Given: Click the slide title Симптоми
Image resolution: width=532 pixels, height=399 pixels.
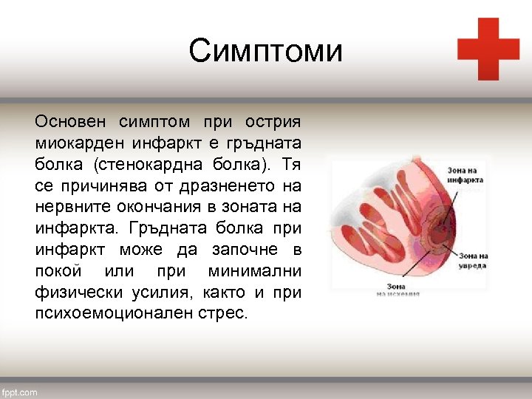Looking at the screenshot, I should [265, 52].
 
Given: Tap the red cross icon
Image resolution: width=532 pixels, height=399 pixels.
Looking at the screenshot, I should [488, 49].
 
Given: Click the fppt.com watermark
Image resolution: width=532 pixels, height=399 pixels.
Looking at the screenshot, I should [19, 392].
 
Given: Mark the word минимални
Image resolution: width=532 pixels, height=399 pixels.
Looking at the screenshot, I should [255, 270].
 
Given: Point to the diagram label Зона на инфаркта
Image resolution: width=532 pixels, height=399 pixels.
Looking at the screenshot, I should [465, 174].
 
